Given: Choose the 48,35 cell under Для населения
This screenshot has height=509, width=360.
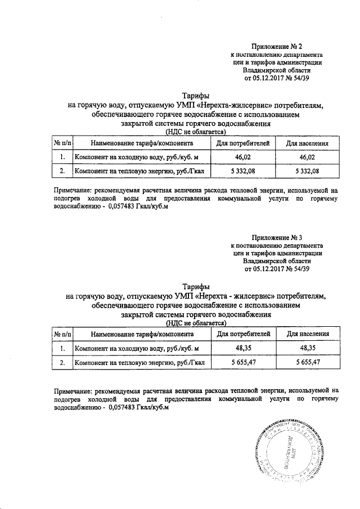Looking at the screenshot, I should click(x=307, y=349).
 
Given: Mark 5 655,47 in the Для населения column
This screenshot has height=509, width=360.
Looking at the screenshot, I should click(x=307, y=363).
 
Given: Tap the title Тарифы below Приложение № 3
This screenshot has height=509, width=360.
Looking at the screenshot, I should click(x=196, y=286).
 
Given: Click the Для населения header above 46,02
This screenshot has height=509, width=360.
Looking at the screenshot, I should click(x=307, y=143).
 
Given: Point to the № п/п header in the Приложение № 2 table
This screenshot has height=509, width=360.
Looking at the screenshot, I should click(x=62, y=143).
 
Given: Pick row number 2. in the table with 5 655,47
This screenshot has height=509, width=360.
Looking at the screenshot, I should click(x=62, y=363).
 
